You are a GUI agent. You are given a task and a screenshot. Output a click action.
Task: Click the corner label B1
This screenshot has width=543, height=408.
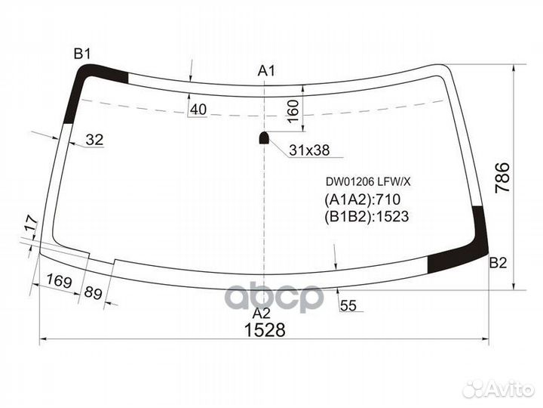[81, 53]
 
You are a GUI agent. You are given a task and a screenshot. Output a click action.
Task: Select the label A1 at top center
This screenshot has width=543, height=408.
[265, 71]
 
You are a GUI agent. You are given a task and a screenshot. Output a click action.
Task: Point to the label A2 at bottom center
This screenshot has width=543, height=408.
[261, 314]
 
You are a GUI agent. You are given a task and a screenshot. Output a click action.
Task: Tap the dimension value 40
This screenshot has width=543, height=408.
[198, 110]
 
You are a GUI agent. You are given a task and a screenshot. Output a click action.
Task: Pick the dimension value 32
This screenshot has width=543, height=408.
[94, 139]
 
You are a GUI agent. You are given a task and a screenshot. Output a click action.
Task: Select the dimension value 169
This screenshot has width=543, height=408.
[58, 282]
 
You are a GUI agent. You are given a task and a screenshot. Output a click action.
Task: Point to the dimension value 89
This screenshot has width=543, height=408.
[93, 292]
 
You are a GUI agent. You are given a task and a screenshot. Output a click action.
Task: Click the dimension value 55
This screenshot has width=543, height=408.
[348, 305]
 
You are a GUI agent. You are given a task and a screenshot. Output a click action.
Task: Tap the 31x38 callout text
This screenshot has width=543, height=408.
[309, 150]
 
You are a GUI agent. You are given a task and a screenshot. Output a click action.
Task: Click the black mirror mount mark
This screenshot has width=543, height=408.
[264, 138]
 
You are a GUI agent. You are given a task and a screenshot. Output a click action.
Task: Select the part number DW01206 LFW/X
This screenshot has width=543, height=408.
[367, 181]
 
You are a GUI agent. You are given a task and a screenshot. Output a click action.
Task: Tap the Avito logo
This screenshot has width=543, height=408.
[498, 388]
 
